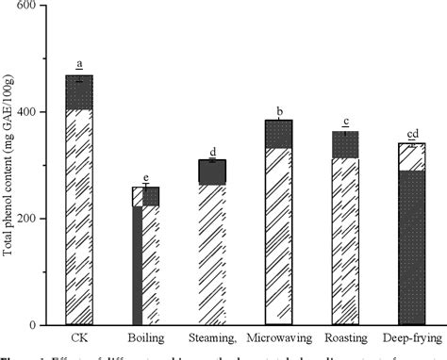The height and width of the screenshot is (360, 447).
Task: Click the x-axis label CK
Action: coord(79,336)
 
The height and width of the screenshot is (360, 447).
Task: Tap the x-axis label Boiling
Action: coord(145,336)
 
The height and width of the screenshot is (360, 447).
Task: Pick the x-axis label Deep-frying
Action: coord(411,336)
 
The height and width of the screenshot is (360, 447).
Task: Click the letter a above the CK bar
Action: coord(79,64)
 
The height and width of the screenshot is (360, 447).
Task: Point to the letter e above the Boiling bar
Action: coord(145,176)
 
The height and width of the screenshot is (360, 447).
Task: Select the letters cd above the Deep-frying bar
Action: coord(411,132)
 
